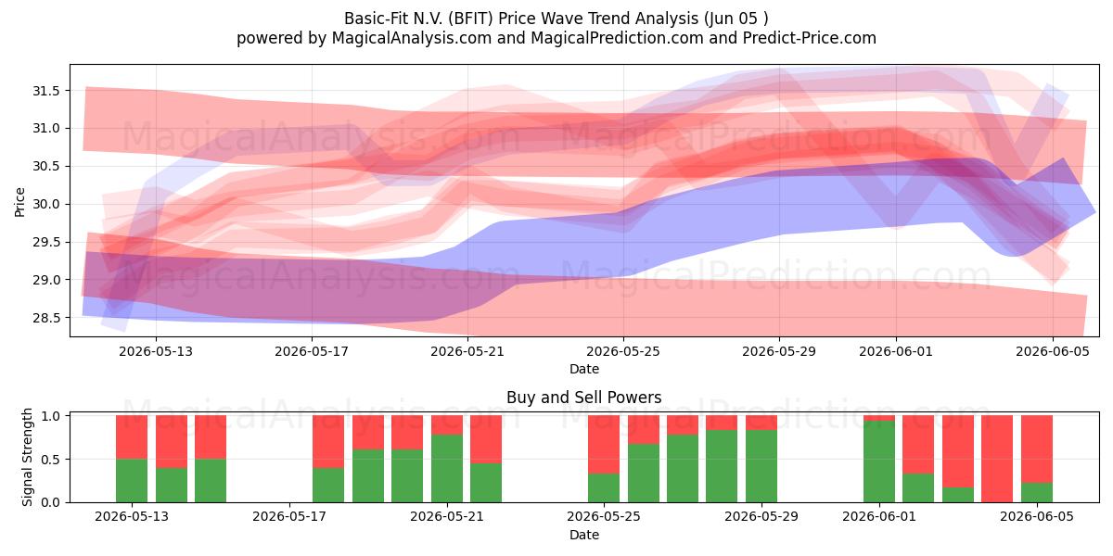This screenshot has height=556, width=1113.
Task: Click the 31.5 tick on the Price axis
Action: coord(45,91)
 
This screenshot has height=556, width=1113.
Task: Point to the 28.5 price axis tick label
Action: coord(45,318)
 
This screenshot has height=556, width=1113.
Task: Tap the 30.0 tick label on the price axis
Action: coord(45,204)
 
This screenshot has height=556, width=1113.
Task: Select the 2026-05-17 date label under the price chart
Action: coord(312,351)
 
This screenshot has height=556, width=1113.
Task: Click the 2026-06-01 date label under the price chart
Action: coord(896,351)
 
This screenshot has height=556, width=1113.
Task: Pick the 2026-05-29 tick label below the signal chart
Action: coord(761,516)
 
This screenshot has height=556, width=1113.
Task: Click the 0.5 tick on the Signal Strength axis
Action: coord(51,460)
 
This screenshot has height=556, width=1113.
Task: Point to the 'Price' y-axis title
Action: coord(19,202)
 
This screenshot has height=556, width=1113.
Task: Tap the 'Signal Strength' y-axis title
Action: coord(27,457)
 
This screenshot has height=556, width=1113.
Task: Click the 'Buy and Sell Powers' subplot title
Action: coord(583,398)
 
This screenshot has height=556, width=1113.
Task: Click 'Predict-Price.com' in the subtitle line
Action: coord(810,38)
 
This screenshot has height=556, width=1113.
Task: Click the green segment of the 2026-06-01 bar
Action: coord(879,461)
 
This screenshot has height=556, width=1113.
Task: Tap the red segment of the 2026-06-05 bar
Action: coord(1037,449)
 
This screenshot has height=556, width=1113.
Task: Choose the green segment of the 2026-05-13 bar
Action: coord(132,481)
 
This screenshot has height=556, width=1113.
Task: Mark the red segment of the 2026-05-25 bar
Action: coord(604,444)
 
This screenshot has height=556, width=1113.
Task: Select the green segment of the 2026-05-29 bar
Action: coord(761,466)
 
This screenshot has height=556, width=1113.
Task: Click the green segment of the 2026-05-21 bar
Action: coord(447,468)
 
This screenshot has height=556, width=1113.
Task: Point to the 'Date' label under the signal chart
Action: coord(583,535)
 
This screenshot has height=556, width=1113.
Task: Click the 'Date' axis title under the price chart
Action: coord(583,369)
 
